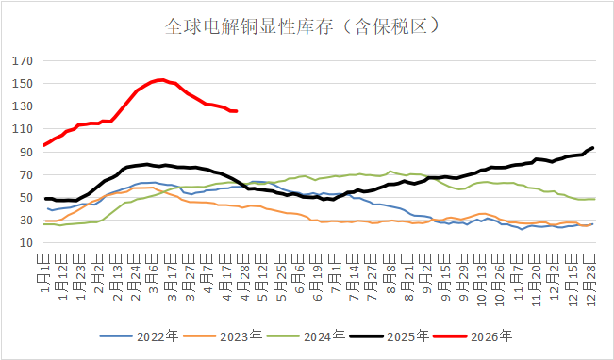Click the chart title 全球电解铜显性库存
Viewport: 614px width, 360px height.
pos(307,25)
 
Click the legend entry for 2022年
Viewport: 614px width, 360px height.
pos(141,335)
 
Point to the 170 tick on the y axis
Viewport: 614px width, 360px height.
pos(23,61)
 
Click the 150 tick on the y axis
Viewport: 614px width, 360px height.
pos(23,84)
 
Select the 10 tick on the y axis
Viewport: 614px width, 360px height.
pos(25,242)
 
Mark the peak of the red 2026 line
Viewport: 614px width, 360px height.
pos(161,80)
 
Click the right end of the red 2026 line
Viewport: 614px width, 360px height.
pos(236,111)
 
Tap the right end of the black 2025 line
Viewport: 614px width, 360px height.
pos(592,148)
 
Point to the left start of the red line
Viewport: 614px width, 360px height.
pos(45,145)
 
